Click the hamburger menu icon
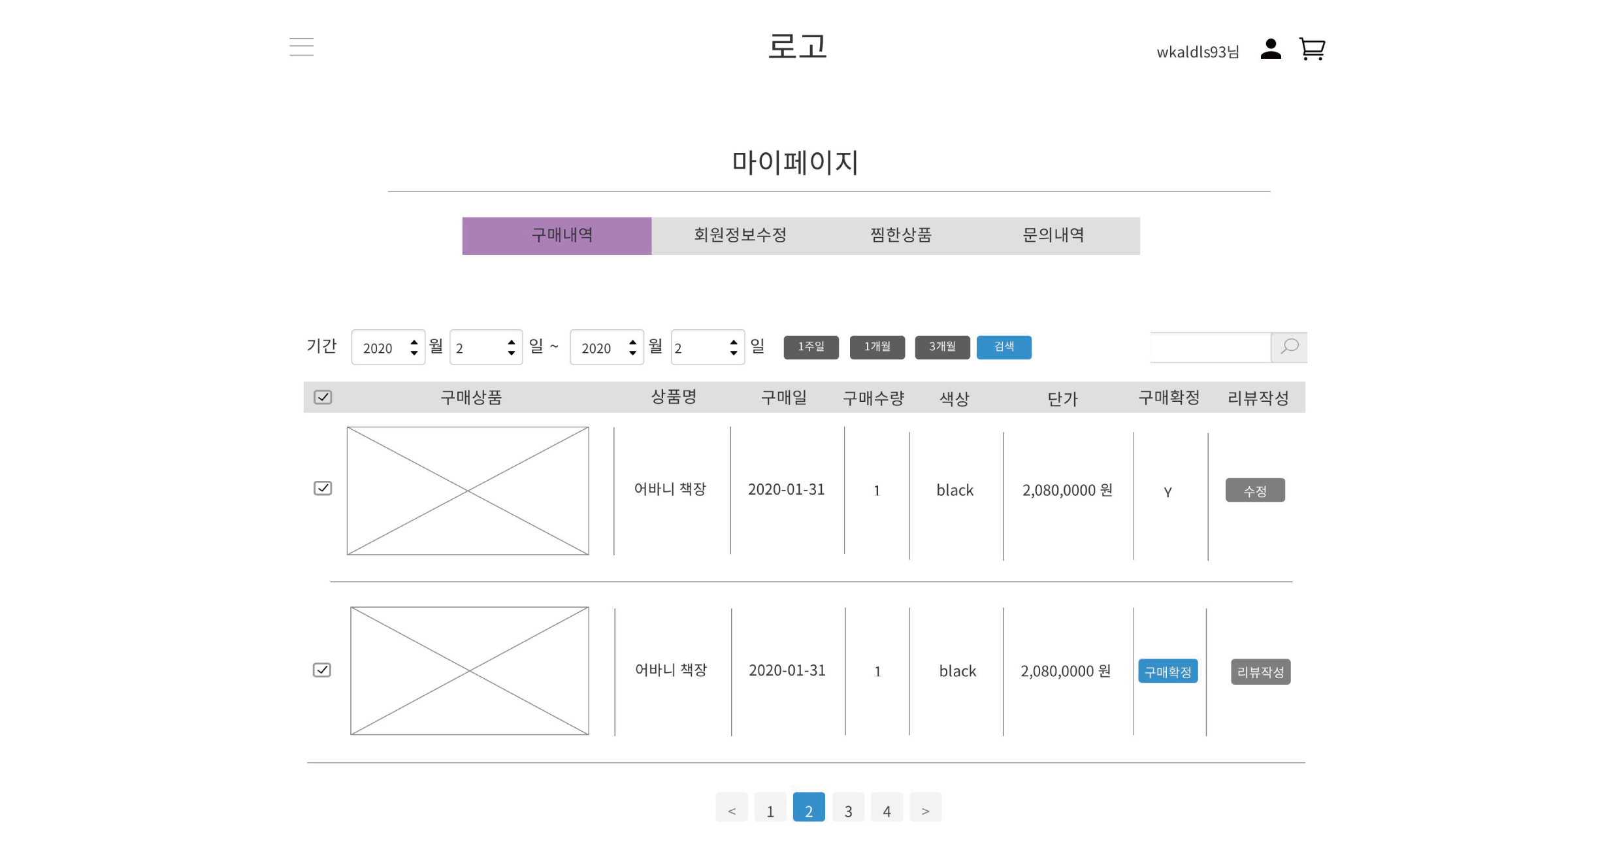[301, 46]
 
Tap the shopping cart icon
[1311, 49]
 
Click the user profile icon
[1270, 49]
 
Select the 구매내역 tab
[557, 236]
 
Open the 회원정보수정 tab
[740, 236]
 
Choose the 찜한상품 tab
[900, 236]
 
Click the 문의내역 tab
[1053, 236]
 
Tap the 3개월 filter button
[942, 347]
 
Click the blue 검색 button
[1004, 347]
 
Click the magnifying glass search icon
[1288, 347]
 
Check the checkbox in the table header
[323, 397]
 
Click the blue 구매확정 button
[1167, 671]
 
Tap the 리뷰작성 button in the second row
[1260, 671]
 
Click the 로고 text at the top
[797, 47]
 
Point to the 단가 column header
[1062, 399]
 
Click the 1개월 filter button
[877, 347]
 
